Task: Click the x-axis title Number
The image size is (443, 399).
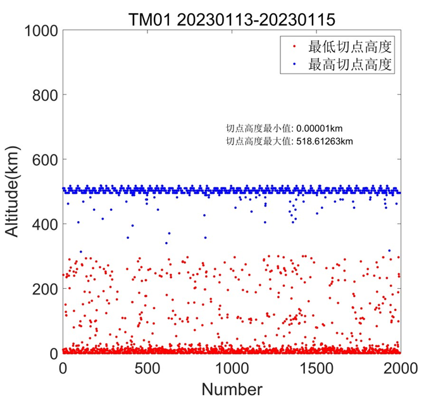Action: point(231,388)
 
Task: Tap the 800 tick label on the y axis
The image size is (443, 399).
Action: point(42,95)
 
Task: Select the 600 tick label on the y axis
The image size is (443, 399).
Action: point(42,160)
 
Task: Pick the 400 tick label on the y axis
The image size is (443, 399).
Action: point(42,224)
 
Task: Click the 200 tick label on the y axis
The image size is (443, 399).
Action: point(42,289)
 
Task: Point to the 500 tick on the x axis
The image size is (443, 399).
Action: point(147,368)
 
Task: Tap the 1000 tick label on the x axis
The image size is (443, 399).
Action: point(232,368)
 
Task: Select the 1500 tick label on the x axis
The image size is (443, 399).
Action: point(316,368)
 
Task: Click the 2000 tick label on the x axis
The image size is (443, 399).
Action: point(400,368)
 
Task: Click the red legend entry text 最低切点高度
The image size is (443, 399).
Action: point(350,46)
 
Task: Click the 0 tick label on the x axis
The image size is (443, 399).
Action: point(63,368)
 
